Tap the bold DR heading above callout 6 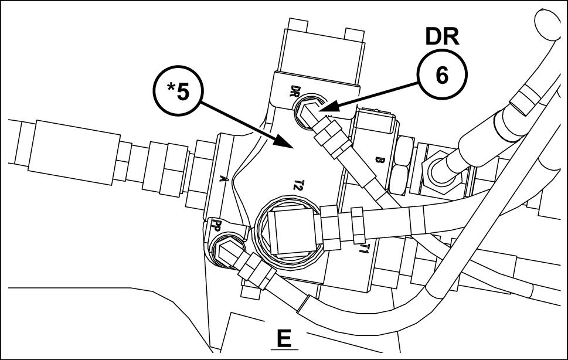click(x=441, y=37)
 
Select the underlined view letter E click(x=284, y=338)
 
